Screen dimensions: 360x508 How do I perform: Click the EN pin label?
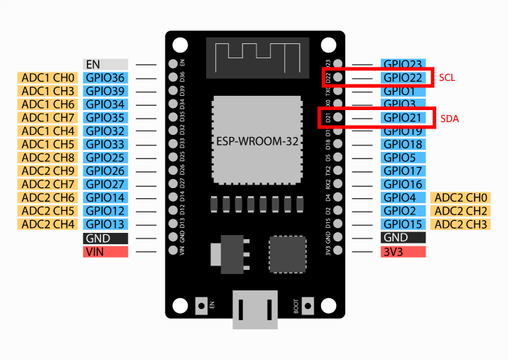(105, 65)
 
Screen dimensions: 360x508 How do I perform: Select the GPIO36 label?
(105, 77)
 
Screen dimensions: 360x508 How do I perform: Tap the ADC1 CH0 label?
(48, 77)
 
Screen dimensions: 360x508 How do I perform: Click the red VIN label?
(105, 251)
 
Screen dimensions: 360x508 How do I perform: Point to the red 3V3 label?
(403, 251)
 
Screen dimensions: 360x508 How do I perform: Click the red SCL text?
(448, 77)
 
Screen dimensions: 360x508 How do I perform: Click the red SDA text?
(450, 118)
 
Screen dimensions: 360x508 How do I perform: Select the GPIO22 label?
(403, 77)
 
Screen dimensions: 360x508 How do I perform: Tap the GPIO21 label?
(403, 118)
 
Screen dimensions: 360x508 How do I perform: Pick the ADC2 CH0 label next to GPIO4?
(460, 197)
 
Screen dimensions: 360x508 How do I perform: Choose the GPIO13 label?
(105, 224)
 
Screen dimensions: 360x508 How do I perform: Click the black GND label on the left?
(105, 238)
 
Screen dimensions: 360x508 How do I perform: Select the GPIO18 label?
(403, 144)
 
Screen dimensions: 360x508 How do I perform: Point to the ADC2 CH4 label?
(48, 224)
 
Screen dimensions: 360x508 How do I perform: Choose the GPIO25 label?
(105, 158)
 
